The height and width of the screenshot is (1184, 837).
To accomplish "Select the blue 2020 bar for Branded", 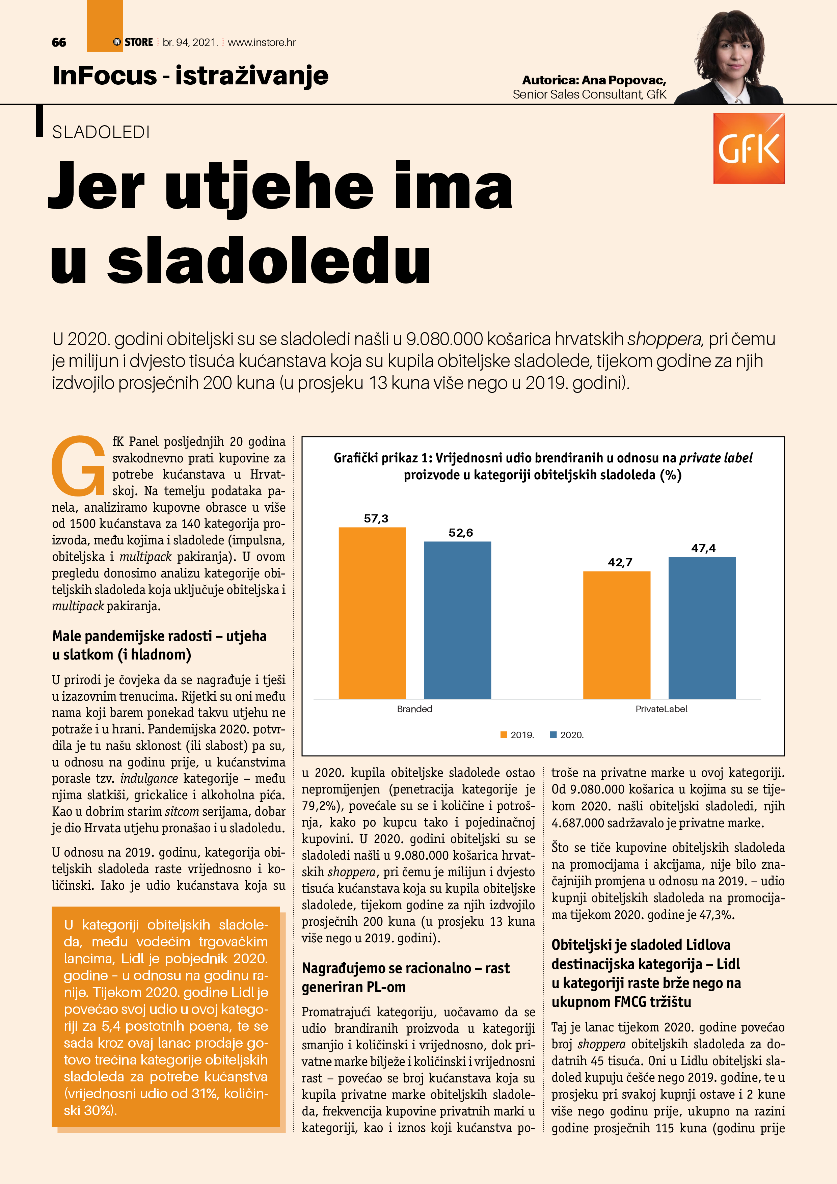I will tap(457, 620).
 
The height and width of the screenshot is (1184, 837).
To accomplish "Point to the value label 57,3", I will tap(376, 518).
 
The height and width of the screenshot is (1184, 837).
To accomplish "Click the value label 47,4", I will tap(703, 548).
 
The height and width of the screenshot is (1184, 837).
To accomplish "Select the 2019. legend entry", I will tap(517, 735).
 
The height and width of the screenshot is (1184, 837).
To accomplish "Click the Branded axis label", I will tap(415, 709).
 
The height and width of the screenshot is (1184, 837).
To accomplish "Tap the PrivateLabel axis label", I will tap(661, 709).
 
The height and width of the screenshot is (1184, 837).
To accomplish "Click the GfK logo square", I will tap(749, 149).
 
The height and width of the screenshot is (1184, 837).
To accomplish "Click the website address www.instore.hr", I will tap(262, 42).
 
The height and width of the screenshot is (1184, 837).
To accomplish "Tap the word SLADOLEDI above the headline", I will tap(101, 133).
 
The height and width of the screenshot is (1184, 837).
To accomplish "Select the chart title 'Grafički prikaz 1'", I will tap(542, 466).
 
